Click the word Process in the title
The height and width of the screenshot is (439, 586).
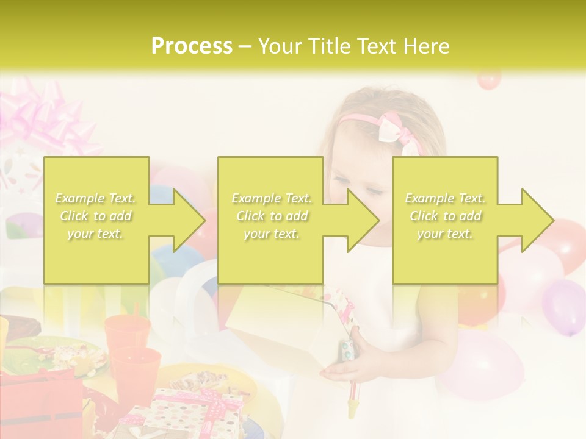point(192,46)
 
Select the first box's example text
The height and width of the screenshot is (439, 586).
point(95,216)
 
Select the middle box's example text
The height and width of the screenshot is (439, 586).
point(271,216)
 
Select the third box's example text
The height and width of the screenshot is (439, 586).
point(445,216)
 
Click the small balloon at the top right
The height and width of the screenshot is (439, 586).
point(488,80)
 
